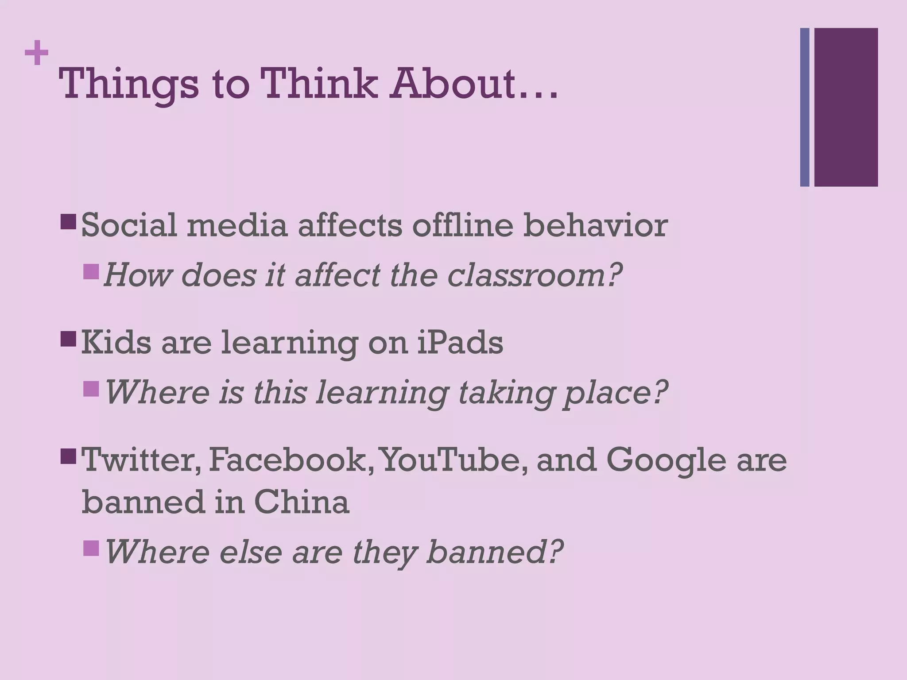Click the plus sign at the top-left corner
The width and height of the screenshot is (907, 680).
click(x=36, y=53)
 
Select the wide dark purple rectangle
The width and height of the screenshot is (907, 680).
click(x=846, y=107)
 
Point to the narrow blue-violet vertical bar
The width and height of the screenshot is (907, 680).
click(x=805, y=107)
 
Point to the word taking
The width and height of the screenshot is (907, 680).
click(x=505, y=393)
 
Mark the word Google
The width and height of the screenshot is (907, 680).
click(x=666, y=460)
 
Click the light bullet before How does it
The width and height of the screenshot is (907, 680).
click(x=91, y=272)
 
